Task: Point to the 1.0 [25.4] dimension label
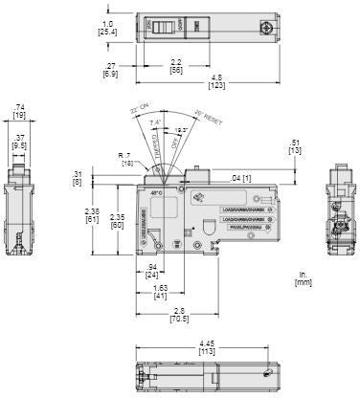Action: [107, 25]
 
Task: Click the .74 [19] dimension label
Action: [18, 112]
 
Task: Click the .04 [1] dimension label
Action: [242, 178]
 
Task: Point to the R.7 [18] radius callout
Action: [124, 158]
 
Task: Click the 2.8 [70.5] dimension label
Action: [178, 316]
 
